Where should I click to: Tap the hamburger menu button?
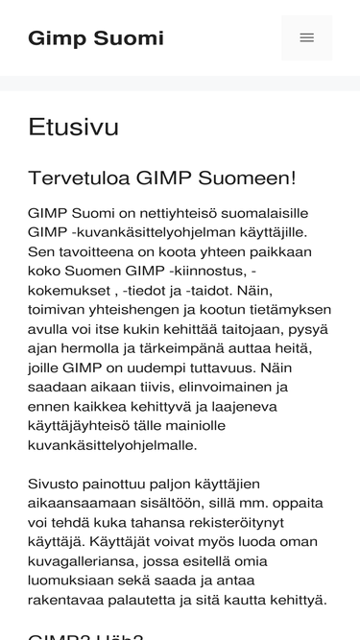click(306, 38)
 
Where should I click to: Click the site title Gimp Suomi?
click(96, 38)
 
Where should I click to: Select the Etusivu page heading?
click(74, 127)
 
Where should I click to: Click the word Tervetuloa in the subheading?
click(79, 178)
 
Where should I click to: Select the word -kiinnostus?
click(191, 271)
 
